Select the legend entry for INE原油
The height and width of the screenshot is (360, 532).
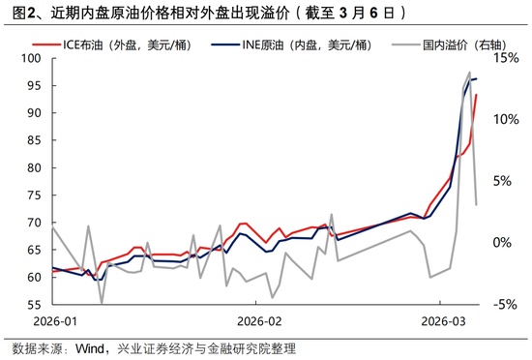click(x=289, y=45)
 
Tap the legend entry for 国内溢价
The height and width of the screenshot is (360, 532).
click(x=454, y=45)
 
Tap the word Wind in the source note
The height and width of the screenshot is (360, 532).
click(x=93, y=348)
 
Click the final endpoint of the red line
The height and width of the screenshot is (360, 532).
click(x=476, y=95)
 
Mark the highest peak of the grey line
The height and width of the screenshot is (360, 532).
click(x=470, y=72)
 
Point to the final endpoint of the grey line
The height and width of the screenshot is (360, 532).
click(x=476, y=204)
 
